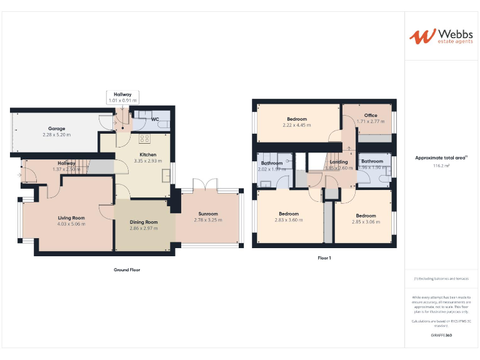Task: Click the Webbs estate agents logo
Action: pos(439,36)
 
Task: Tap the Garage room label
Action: pos(56,129)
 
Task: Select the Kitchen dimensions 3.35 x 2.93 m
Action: pos(147,161)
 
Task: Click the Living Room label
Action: pos(71,218)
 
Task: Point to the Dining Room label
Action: pos(144,222)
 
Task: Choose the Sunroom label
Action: pos(208,214)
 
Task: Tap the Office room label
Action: pos(371,115)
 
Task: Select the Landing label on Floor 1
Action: pos(338,162)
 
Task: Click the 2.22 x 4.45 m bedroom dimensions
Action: pos(297,125)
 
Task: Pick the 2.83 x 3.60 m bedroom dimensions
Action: pos(288,220)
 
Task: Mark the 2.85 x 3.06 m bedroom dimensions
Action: pos(366,222)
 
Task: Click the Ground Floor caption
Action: pos(127,269)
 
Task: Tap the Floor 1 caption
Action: pos(324,257)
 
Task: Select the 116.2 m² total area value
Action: pos(441,166)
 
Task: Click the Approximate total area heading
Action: pos(441,158)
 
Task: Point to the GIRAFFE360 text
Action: pos(441,336)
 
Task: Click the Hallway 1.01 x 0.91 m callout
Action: pos(122,97)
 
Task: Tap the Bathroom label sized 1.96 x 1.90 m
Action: pos(372,162)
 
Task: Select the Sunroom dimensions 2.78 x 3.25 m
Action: pos(208,220)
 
